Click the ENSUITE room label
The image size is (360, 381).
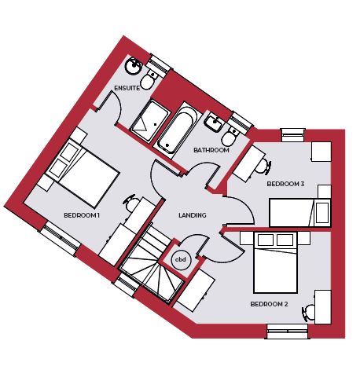[127, 88]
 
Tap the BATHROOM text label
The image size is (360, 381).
[211, 150]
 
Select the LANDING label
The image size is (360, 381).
[193, 215]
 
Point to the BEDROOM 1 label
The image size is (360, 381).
[82, 215]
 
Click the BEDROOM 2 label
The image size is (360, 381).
[269, 304]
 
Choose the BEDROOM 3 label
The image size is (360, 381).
[285, 184]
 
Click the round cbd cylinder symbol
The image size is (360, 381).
[181, 260]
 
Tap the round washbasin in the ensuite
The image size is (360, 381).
[134, 66]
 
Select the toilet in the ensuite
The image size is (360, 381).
[149, 79]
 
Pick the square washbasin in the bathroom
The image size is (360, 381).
[215, 123]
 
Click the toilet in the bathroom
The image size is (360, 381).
[231, 135]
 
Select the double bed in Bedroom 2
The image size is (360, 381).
[275, 262]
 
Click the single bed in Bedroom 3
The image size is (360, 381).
[299, 213]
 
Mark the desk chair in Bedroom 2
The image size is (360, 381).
[309, 313]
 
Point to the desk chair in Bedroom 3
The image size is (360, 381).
[263, 167]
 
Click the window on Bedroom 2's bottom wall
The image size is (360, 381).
[288, 331]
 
